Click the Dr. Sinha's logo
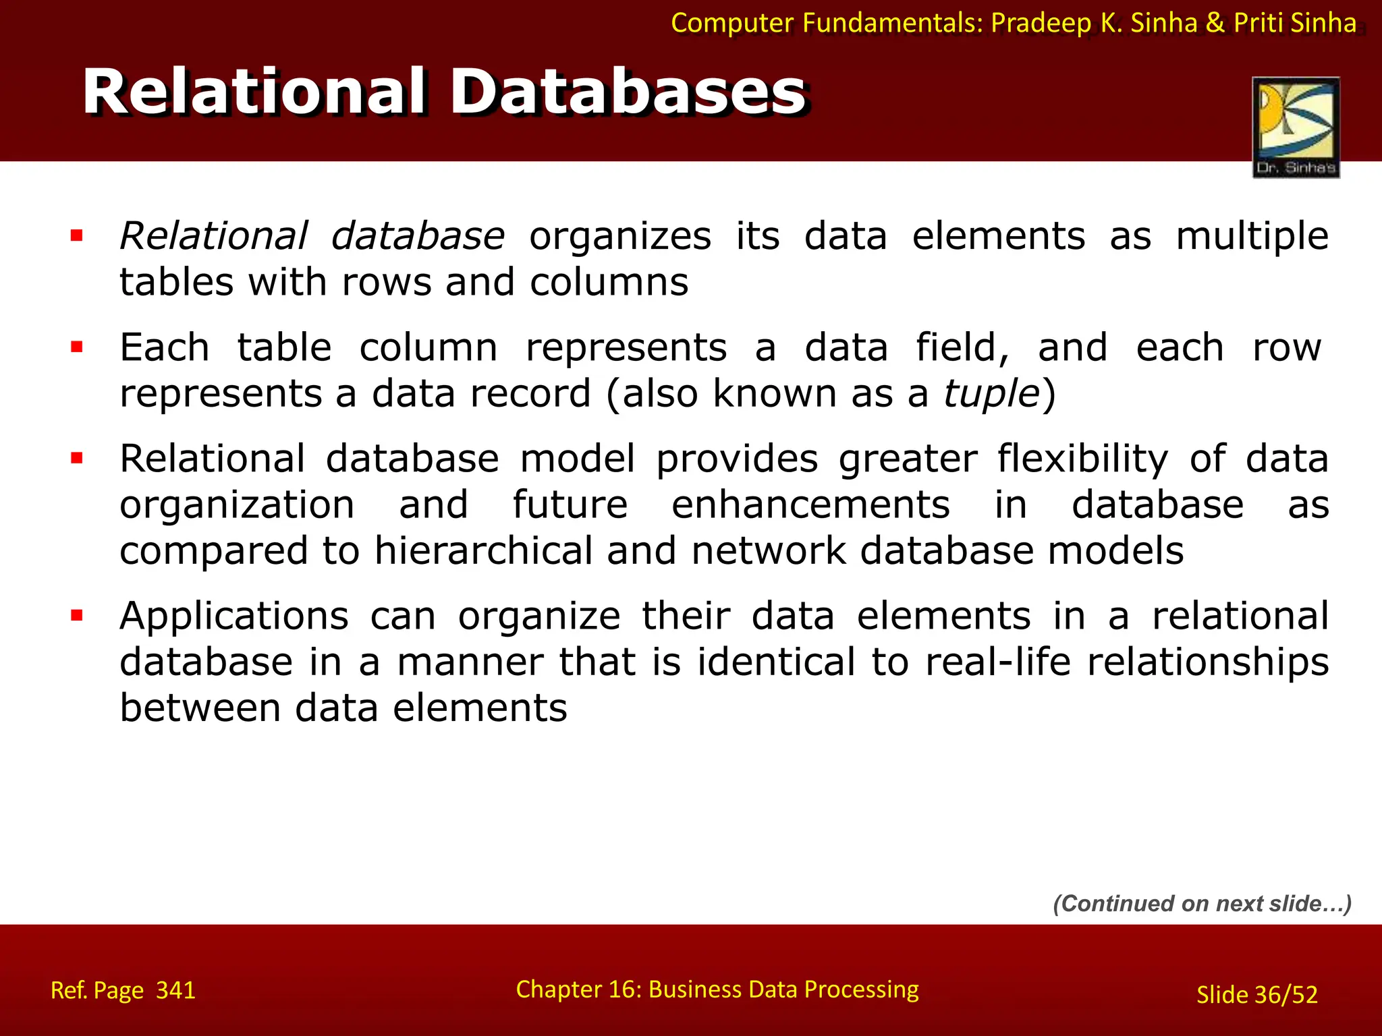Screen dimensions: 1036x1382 (x=1296, y=127)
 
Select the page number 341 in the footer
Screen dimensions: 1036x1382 (x=175, y=990)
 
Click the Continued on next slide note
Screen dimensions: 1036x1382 (x=1203, y=904)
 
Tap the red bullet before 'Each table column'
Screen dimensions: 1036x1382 (x=77, y=347)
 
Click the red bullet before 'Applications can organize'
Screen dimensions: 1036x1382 (x=77, y=615)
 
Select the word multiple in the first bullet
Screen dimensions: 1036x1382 (x=1252, y=236)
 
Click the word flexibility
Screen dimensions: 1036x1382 (x=1082, y=459)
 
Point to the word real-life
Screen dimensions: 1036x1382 (x=997, y=662)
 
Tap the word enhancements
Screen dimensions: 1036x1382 (x=810, y=505)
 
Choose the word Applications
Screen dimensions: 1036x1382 (x=234, y=616)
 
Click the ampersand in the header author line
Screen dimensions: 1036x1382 (x=1215, y=23)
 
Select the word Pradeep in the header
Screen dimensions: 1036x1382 (x=1041, y=23)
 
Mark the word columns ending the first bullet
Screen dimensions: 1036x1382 (x=609, y=282)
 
